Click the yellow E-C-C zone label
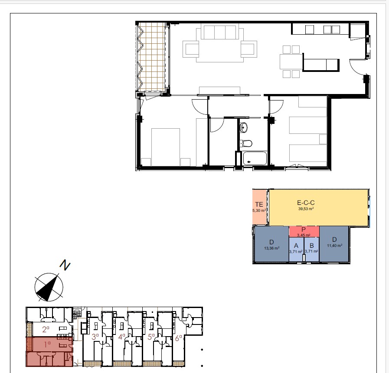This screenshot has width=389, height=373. coord(306,203)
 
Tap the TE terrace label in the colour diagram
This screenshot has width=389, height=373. coord(259,204)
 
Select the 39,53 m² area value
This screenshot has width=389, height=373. coord(306,209)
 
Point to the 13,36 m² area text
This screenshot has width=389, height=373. coord(272,248)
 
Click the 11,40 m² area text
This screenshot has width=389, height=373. coord(335,246)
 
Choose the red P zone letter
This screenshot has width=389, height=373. coord(304,230)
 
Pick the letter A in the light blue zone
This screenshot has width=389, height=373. coord(296,246)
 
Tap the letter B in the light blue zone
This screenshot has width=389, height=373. coord(312,246)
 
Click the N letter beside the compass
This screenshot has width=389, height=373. coord(65,265)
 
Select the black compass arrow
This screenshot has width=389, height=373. coord(48,288)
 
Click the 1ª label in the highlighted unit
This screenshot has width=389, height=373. coord(47,344)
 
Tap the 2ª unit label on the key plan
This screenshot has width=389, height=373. coord(46,329)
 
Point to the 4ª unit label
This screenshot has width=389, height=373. coord(122,337)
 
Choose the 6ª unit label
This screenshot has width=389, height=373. coord(178,338)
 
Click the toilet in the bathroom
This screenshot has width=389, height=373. coord(246,143)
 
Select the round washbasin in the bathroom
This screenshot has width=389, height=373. coord(244,128)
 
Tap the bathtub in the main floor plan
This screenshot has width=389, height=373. coord(255,159)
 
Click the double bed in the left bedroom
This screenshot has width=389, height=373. coord(166,147)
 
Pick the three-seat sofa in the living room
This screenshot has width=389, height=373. coord(220,32)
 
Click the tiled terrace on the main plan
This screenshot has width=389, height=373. coord(152,57)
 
